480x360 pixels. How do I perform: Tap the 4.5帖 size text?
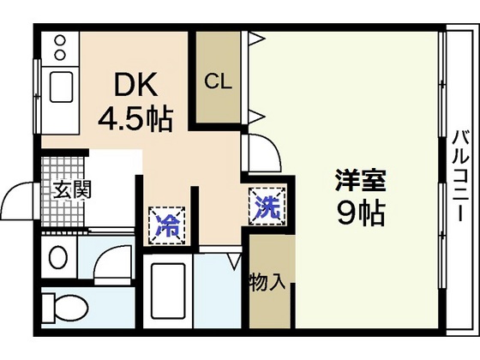(x=137, y=117)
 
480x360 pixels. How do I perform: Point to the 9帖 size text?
(x=359, y=211)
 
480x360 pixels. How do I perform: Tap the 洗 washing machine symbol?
(x=266, y=207)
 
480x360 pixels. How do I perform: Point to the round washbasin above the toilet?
(x=58, y=256)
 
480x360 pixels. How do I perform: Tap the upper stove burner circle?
(x=60, y=39)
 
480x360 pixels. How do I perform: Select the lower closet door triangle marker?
(x=255, y=114)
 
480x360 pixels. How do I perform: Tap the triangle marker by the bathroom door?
(x=237, y=261)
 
